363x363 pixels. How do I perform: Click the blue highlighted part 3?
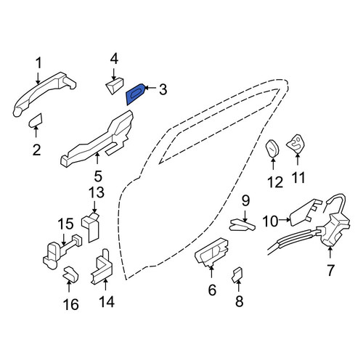click(135, 94)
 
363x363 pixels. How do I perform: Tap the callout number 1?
click(38, 63)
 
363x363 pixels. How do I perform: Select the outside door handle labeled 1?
click(44, 94)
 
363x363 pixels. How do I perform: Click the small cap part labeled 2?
click(36, 121)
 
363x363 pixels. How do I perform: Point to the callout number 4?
click(114, 60)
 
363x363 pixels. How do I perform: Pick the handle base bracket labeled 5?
click(97, 139)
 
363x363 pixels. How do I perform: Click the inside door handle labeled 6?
click(211, 252)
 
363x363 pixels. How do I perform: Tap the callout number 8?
click(239, 301)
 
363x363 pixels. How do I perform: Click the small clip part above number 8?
click(237, 274)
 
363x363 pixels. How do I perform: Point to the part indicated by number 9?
click(242, 224)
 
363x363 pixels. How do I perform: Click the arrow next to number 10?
click(284, 219)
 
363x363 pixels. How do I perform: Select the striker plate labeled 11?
click(296, 144)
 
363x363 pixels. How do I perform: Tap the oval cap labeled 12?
click(272, 148)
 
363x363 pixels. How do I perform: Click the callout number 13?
click(97, 192)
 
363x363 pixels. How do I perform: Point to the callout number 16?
click(71, 304)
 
